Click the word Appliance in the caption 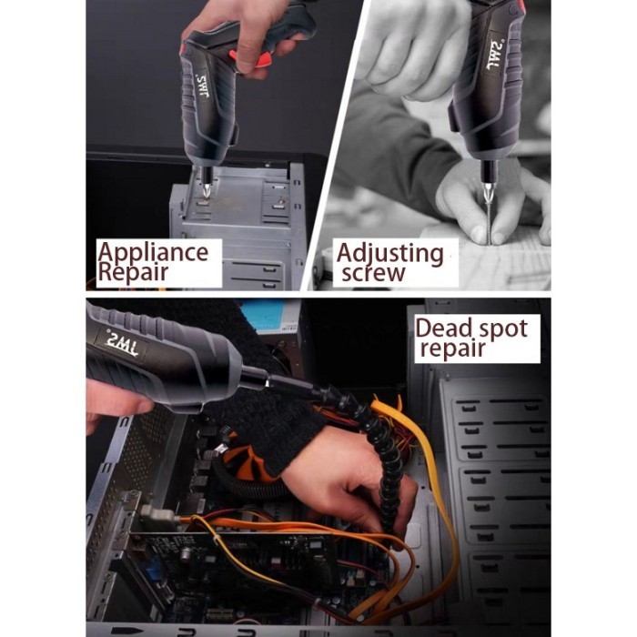click(152, 252)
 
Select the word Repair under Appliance click(135, 271)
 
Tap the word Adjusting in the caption click(389, 253)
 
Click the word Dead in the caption click(444, 328)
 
